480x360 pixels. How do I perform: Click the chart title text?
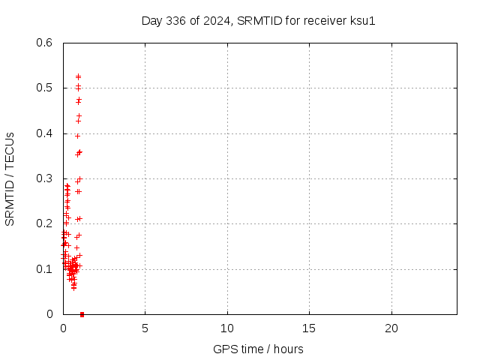click(x=258, y=20)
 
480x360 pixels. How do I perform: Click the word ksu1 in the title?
click(x=362, y=20)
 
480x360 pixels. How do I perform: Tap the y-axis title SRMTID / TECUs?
click(x=10, y=178)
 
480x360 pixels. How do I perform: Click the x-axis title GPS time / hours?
click(x=258, y=349)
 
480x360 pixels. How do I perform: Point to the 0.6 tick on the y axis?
click(x=46, y=43)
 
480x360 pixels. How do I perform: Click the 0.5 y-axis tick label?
click(x=46, y=88)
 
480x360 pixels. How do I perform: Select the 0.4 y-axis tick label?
click(x=46, y=133)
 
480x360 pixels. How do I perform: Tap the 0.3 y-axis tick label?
click(x=46, y=178)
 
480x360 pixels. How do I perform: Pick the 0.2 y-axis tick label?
click(x=46, y=223)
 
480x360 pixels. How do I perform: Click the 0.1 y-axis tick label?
click(x=46, y=268)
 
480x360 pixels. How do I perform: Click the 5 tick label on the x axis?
click(x=145, y=328)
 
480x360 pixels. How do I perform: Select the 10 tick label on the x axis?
click(x=227, y=328)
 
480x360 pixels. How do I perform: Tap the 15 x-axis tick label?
click(x=309, y=328)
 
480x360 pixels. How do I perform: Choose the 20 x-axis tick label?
click(x=391, y=328)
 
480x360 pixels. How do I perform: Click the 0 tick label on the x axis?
click(x=63, y=328)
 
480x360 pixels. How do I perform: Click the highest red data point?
click(x=78, y=76)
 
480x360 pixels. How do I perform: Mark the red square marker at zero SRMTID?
click(x=82, y=314)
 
